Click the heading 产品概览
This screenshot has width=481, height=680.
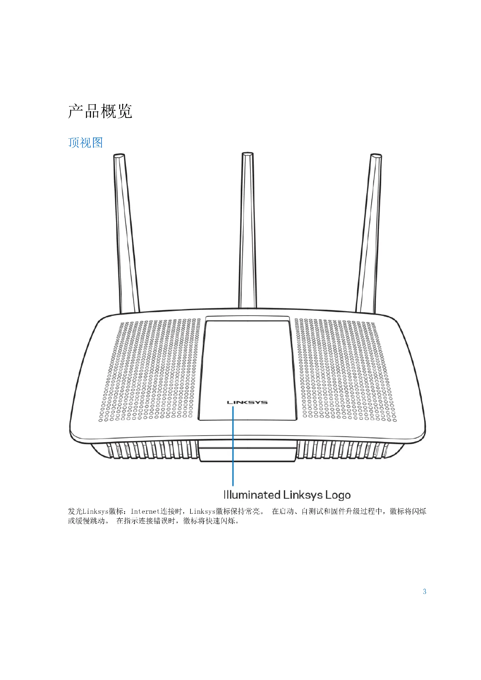click(100, 111)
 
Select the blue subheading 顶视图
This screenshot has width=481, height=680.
click(85, 143)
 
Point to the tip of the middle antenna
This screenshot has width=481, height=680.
click(247, 154)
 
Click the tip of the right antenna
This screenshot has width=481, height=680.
click(376, 156)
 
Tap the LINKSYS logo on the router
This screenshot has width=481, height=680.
click(247, 402)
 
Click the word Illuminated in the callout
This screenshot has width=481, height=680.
click(252, 495)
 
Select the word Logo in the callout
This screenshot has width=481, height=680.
click(338, 495)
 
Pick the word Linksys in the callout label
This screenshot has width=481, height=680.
click(303, 495)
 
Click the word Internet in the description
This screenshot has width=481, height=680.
click(145, 511)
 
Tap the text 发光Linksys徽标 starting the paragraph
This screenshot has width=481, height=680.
click(95, 511)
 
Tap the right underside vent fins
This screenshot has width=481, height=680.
click(343, 450)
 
